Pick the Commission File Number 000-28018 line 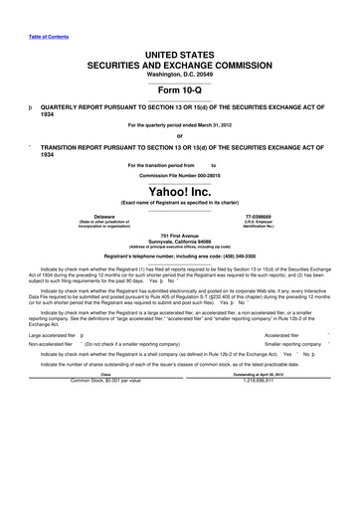pyautogui.click(x=180, y=173)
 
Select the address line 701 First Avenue pyautogui.click(x=180, y=235)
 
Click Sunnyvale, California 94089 pyautogui.click(x=180, y=241)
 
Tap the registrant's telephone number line pyautogui.click(x=180, y=256)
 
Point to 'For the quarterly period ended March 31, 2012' pyautogui.click(x=180, y=125)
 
